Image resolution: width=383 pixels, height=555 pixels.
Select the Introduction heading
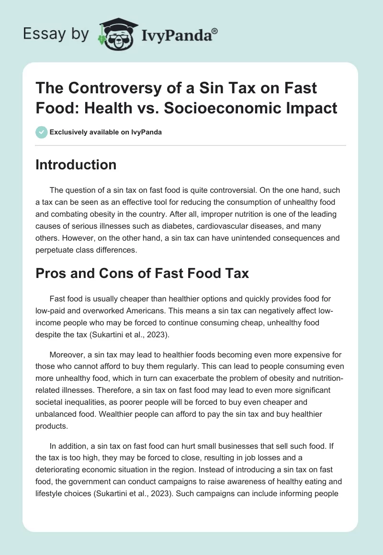tap(76, 165)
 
